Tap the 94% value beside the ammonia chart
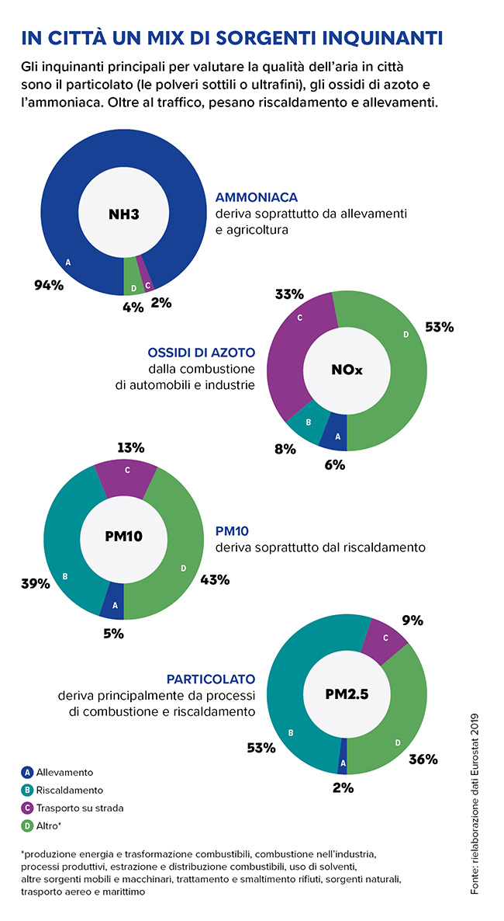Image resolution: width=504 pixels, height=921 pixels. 49,285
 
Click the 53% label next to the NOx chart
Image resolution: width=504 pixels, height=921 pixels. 439,327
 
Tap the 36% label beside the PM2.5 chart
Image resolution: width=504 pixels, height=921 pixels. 423,759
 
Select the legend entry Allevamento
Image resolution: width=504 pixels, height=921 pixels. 64,772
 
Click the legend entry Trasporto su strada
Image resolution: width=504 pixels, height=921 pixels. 80,808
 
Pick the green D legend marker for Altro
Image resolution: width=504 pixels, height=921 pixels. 27,825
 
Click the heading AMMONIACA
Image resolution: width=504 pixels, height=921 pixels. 257,197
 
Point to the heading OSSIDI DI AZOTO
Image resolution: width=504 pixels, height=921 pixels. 201,352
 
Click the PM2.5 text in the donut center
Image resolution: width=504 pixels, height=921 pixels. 347,694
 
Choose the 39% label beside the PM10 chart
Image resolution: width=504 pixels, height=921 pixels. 36,584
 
